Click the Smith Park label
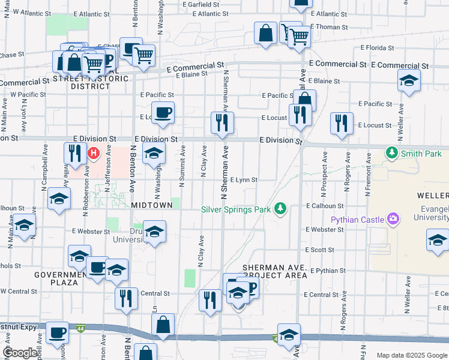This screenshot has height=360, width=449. tap(422, 154)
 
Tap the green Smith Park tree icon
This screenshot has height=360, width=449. tap(393, 153)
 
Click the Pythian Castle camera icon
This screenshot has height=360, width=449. tap(393, 220)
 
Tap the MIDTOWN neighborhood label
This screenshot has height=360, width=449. tap(151, 205)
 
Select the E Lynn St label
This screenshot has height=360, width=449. tap(244, 179)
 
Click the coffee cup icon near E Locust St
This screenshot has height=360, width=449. tap(163, 112)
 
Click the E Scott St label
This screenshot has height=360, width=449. tap(319, 250)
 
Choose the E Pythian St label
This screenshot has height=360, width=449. tap(328, 271)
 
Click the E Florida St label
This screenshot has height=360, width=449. tap(377, 47)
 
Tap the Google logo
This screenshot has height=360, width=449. tap(20, 353)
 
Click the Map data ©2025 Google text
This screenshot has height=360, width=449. tap(412, 355)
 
